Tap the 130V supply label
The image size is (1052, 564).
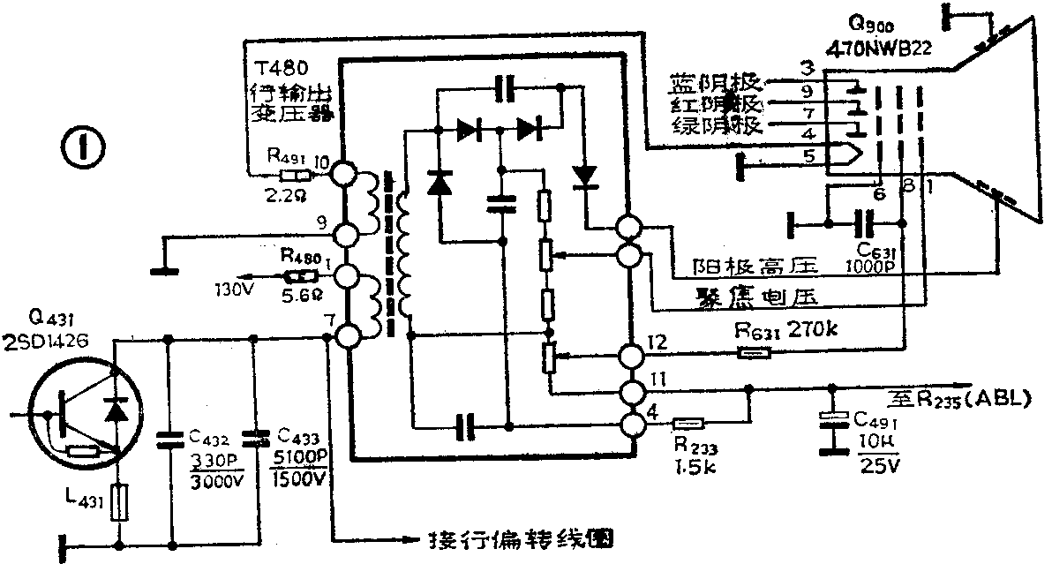(232, 288)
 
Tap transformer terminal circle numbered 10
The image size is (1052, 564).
(344, 174)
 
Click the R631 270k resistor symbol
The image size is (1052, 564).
(755, 355)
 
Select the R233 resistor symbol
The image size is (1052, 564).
(686, 424)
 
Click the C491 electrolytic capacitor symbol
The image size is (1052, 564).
(830, 418)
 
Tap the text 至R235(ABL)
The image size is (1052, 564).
(958, 398)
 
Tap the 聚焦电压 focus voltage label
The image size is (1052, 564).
(747, 295)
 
